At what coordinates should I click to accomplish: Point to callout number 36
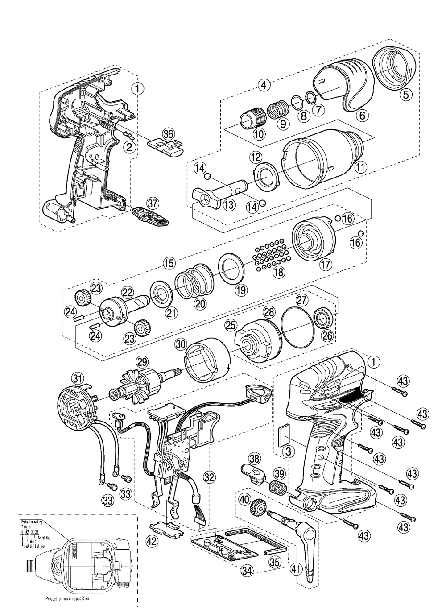tap(168, 133)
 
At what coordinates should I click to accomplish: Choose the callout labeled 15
tap(169, 263)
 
